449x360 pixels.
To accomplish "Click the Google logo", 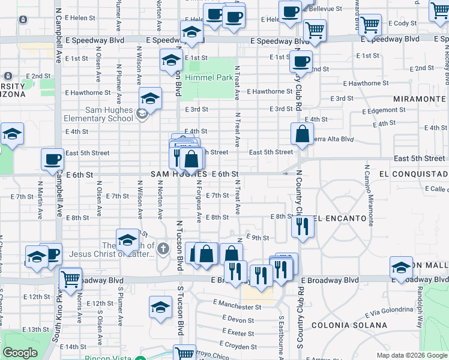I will point(20,353).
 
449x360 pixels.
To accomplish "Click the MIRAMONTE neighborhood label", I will point(420,98).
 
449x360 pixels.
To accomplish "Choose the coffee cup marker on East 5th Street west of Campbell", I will point(52,159).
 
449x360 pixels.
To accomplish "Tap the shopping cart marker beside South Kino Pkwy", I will point(71,278).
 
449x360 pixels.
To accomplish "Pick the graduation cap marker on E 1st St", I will point(171,60).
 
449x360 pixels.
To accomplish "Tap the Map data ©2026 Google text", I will point(411,355).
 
